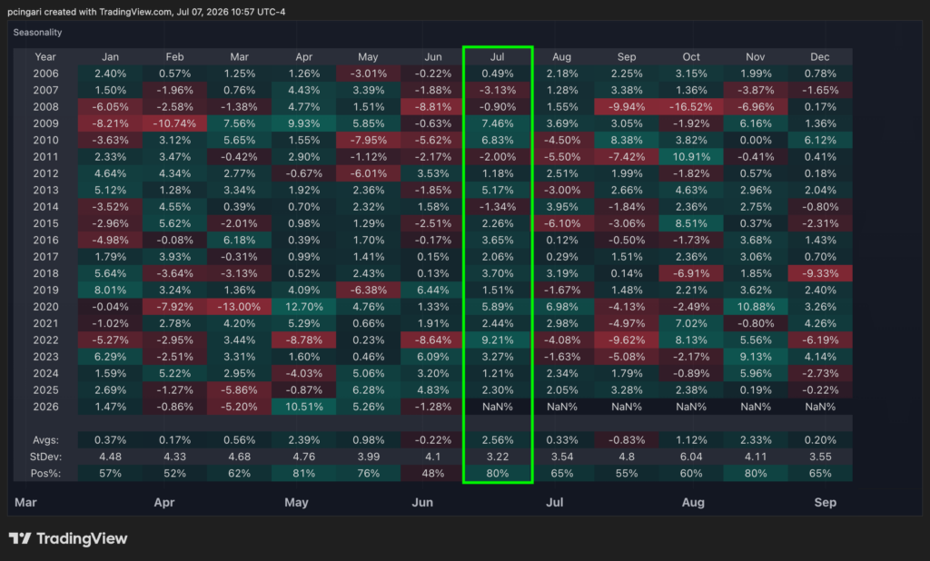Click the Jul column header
pos(497,57)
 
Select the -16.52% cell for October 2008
pos(691,107)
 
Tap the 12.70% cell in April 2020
pos(303,307)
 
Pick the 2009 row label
pos(45,123)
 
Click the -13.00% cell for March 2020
pos(239,307)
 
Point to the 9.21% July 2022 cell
pos(497,340)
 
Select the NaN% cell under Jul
pos(497,407)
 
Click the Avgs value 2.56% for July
pos(497,440)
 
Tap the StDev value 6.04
pos(691,457)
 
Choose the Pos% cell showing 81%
pos(303,473)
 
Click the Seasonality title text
pos(37,32)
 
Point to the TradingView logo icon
pos(20,538)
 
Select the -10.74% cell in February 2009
pos(174,123)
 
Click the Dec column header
pos(820,57)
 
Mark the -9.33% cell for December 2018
pos(820,273)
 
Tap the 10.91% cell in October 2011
pos(691,156)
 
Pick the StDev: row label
pos(45,457)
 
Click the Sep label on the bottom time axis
pos(825,502)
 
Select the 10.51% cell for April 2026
pos(303,407)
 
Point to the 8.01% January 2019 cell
pos(110,290)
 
